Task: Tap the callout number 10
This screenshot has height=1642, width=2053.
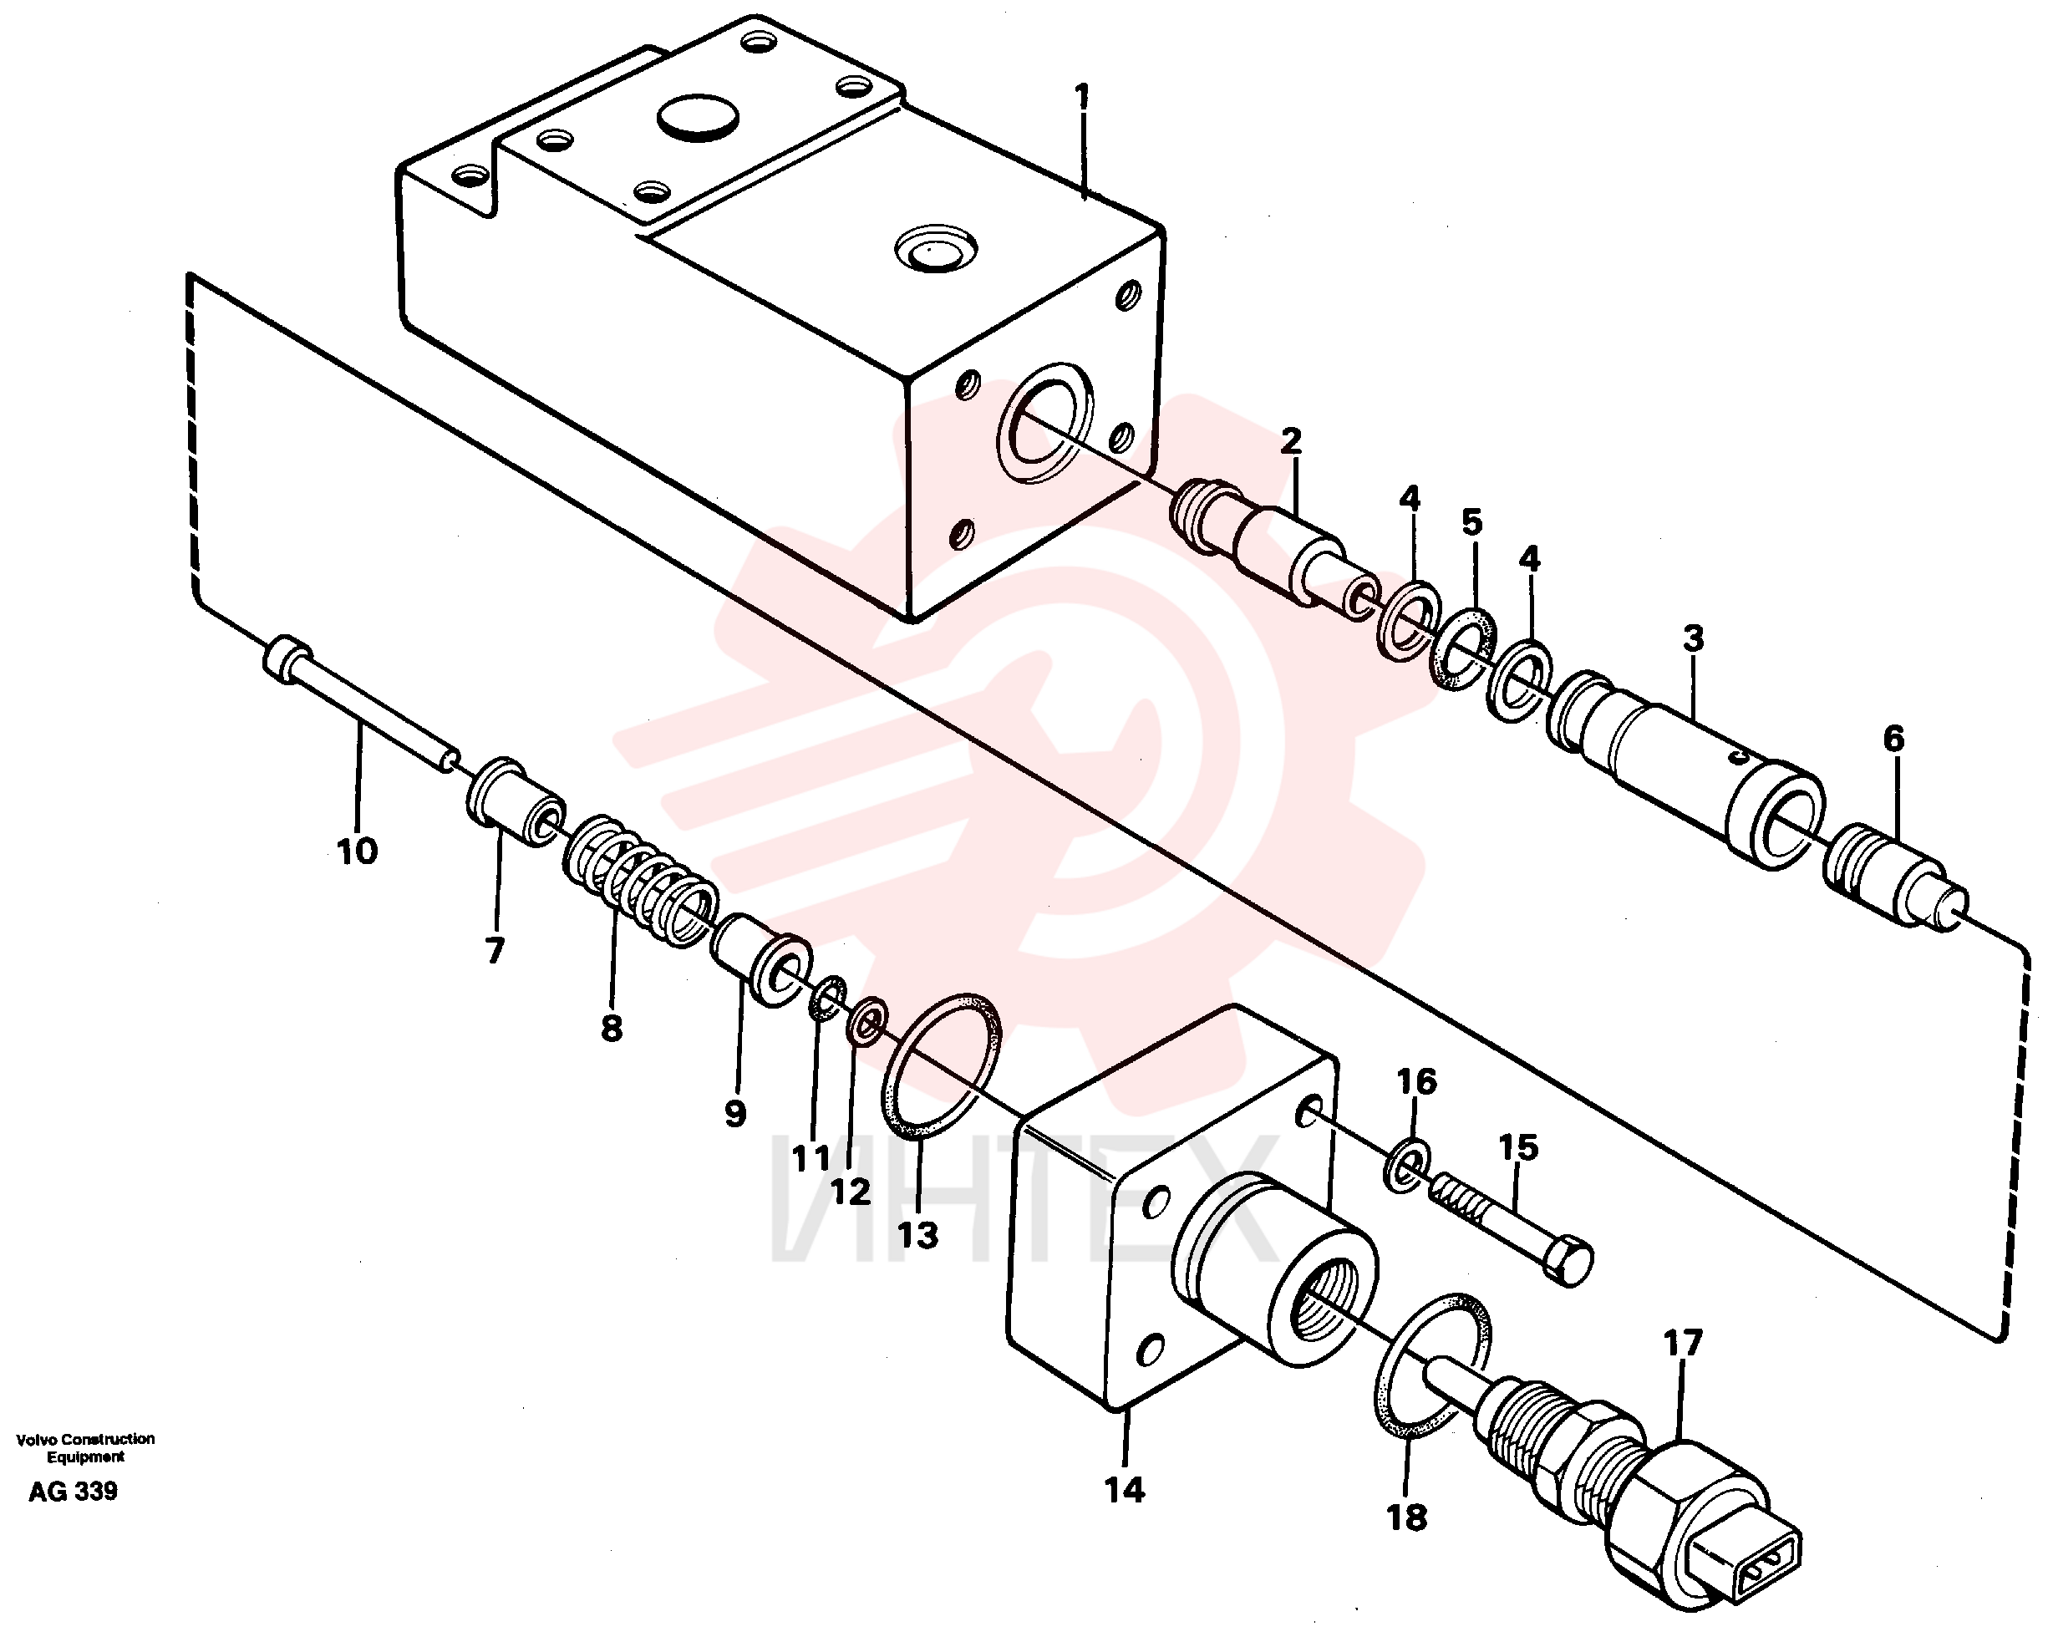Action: pos(357,851)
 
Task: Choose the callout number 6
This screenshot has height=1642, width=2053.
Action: pos(1893,739)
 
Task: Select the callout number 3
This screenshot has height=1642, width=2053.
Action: pos(1692,638)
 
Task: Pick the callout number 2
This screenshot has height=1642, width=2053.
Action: pos(1290,441)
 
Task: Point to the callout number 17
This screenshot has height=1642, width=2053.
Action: pos(1683,1344)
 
